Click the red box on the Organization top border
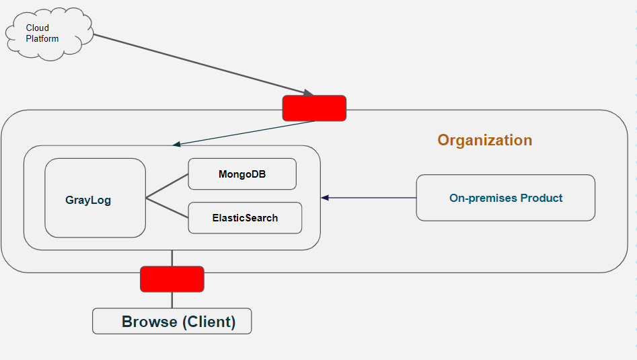(314, 108)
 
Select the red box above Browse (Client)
(172, 279)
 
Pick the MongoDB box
(242, 174)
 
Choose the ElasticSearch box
(245, 218)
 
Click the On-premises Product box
(505, 198)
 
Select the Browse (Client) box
(172, 322)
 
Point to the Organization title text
(484, 140)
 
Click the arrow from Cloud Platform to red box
(202, 65)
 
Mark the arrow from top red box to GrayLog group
(242, 133)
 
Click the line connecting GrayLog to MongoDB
(167, 186)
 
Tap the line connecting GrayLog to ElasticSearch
(167, 208)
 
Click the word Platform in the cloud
(42, 39)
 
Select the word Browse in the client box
(149, 322)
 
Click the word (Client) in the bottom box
(209, 322)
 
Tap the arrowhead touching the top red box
(307, 92)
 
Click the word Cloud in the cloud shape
(38, 28)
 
